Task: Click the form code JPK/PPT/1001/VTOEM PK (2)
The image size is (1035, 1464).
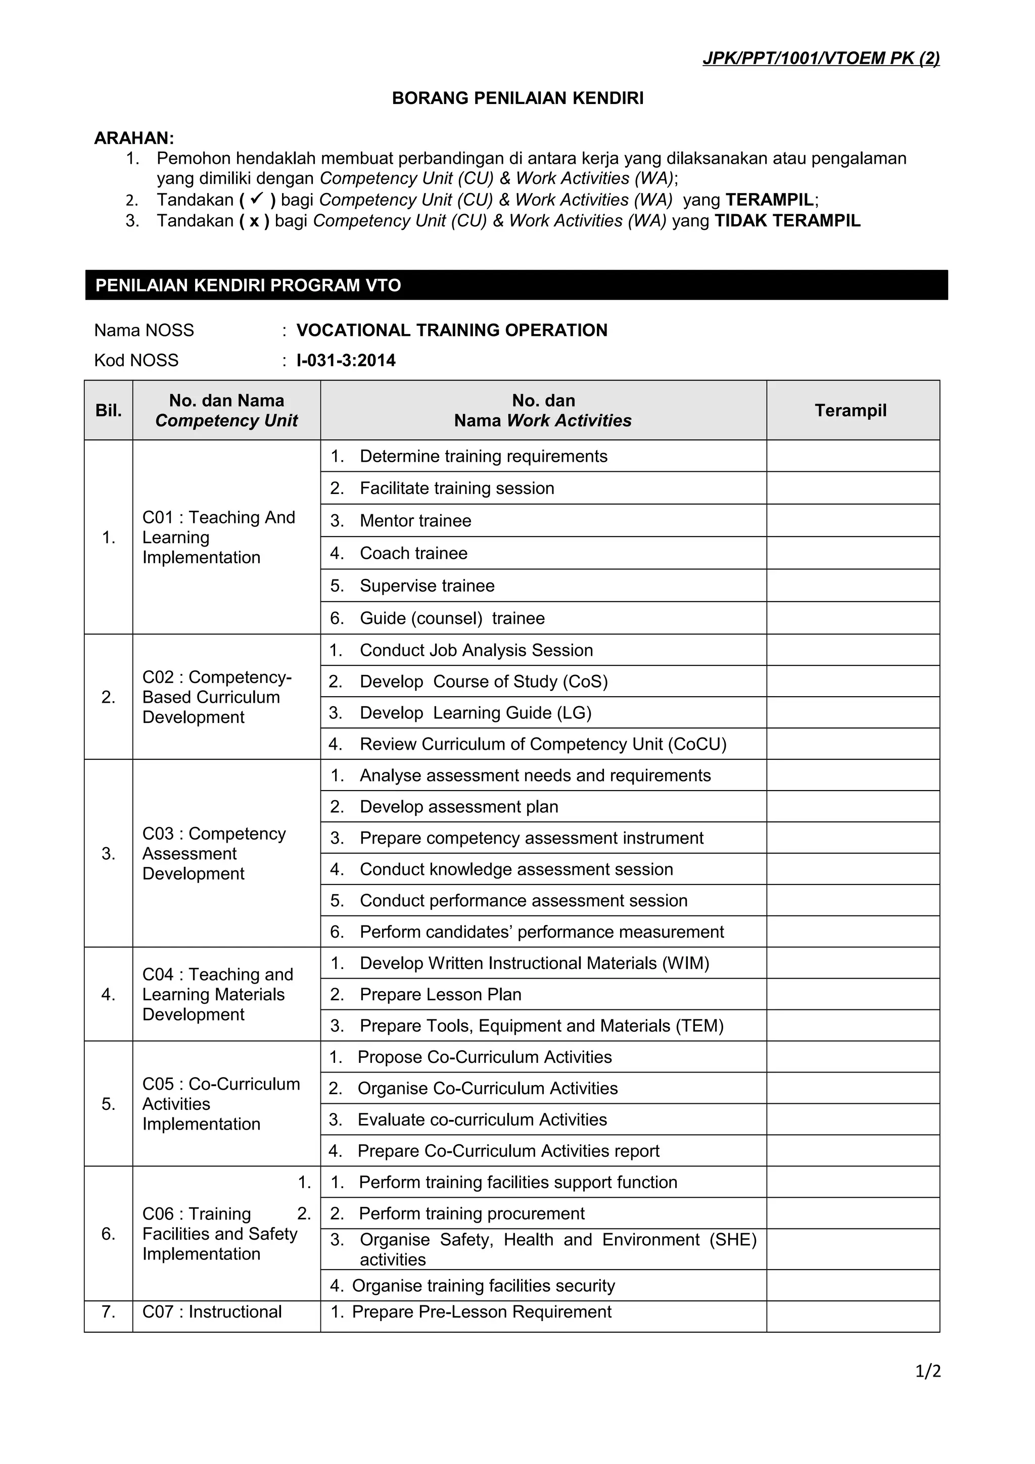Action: click(821, 59)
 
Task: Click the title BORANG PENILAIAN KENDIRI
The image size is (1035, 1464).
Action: click(517, 98)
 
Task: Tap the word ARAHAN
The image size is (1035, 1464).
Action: click(134, 138)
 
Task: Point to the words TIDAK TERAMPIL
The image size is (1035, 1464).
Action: click(787, 221)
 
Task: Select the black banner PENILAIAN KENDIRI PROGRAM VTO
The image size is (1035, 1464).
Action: click(516, 285)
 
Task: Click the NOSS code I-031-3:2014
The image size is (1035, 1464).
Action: click(346, 360)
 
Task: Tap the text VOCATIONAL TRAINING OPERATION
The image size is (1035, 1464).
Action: click(451, 330)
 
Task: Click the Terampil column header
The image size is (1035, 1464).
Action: click(851, 410)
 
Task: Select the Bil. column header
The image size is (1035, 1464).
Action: click(109, 411)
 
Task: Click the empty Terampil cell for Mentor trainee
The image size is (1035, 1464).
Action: click(853, 520)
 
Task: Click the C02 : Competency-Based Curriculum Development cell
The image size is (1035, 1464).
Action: click(217, 697)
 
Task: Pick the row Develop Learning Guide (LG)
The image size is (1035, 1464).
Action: click(475, 712)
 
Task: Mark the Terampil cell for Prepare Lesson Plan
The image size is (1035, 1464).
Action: click(853, 994)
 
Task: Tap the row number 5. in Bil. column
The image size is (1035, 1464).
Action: click(109, 1104)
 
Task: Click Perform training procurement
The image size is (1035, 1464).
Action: click(472, 1213)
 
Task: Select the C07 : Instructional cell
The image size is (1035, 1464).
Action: click(212, 1311)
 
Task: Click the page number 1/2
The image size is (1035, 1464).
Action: click(928, 1371)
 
